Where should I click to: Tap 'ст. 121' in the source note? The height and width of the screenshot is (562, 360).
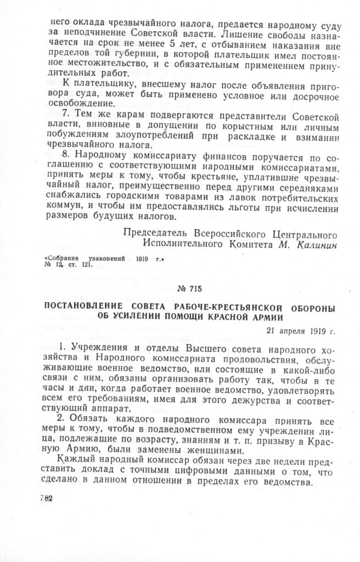78,264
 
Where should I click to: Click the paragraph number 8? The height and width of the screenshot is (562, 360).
64,155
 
